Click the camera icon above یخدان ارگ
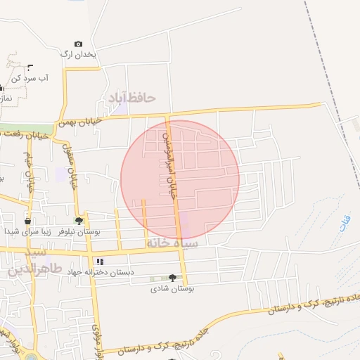[77, 44]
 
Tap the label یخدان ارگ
[77, 54]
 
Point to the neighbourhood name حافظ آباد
[131, 97]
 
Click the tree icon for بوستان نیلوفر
[79, 220]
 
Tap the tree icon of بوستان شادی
[172, 278]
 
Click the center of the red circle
[180, 179]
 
